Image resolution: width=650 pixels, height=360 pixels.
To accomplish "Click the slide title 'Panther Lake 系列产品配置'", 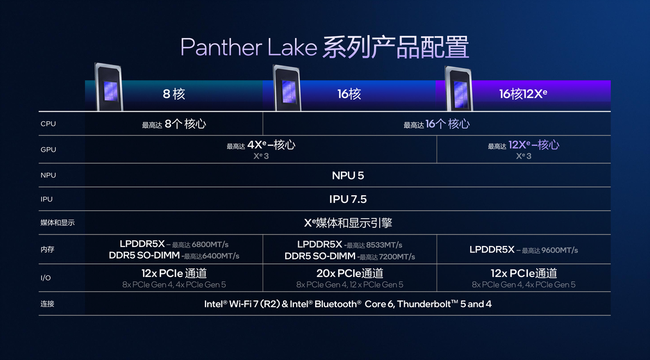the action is click(324, 47).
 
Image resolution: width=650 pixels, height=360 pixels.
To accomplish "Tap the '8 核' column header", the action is click(174, 94).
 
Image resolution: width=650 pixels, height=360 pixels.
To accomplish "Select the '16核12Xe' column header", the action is click(523, 94).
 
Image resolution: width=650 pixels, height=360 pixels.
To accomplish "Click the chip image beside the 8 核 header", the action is click(109, 87).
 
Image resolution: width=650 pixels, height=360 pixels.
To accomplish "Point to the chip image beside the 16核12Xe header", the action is click(459, 88).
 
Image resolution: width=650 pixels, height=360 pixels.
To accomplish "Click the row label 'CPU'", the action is click(48, 124).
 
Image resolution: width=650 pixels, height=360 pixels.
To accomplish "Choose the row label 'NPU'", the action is click(48, 175).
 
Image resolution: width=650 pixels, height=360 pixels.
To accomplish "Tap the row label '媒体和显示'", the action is click(58, 223).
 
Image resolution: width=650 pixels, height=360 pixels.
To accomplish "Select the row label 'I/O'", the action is click(46, 278).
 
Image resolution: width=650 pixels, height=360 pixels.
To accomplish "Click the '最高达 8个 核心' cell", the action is click(174, 124).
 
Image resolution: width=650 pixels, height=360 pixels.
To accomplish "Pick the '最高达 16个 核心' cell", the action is click(436, 124).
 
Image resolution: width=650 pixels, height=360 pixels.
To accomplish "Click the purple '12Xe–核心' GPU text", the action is click(533, 145).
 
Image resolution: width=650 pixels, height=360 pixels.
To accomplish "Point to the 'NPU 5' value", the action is click(348, 176).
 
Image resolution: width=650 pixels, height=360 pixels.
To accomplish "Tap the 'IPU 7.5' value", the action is click(348, 200).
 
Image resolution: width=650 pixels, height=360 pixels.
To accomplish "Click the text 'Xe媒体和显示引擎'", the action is click(348, 223).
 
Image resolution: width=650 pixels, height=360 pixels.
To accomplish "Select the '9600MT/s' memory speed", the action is click(559, 250).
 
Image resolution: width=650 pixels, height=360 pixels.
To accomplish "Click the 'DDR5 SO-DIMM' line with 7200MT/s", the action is click(350, 256).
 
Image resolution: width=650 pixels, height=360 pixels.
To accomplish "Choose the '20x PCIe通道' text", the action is click(350, 273).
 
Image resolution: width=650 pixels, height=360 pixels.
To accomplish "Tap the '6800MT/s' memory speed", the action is click(210, 245).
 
